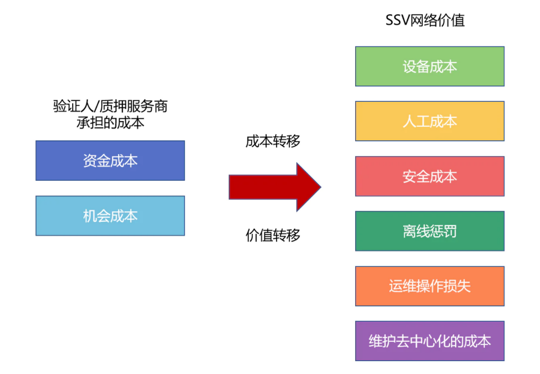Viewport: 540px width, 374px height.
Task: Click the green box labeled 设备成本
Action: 430,66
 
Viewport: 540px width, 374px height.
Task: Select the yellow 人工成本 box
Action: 430,121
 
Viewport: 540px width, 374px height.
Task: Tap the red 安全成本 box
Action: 430,176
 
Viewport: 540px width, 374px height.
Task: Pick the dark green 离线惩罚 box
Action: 430,231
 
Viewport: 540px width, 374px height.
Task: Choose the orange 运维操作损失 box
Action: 430,286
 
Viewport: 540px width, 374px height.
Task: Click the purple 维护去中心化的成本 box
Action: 430,341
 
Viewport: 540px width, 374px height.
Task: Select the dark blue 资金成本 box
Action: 110,161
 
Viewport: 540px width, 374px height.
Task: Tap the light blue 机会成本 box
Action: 110,216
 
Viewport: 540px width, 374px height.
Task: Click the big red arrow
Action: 275,187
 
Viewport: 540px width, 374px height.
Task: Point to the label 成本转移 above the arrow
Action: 273,141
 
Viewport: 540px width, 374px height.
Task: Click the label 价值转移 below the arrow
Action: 273,236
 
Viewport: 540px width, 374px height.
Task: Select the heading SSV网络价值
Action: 425,20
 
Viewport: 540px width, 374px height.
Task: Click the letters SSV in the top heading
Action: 398,20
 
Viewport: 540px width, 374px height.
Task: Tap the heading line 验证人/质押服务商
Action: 110,106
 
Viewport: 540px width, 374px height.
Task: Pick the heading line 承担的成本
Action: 110,123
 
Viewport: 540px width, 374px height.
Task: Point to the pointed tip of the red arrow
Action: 321,187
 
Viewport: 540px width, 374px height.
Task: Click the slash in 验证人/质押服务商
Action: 96,106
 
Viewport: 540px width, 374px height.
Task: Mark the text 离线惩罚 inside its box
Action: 430,231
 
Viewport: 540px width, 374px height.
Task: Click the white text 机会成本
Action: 110,216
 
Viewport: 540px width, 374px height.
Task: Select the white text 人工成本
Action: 430,121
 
